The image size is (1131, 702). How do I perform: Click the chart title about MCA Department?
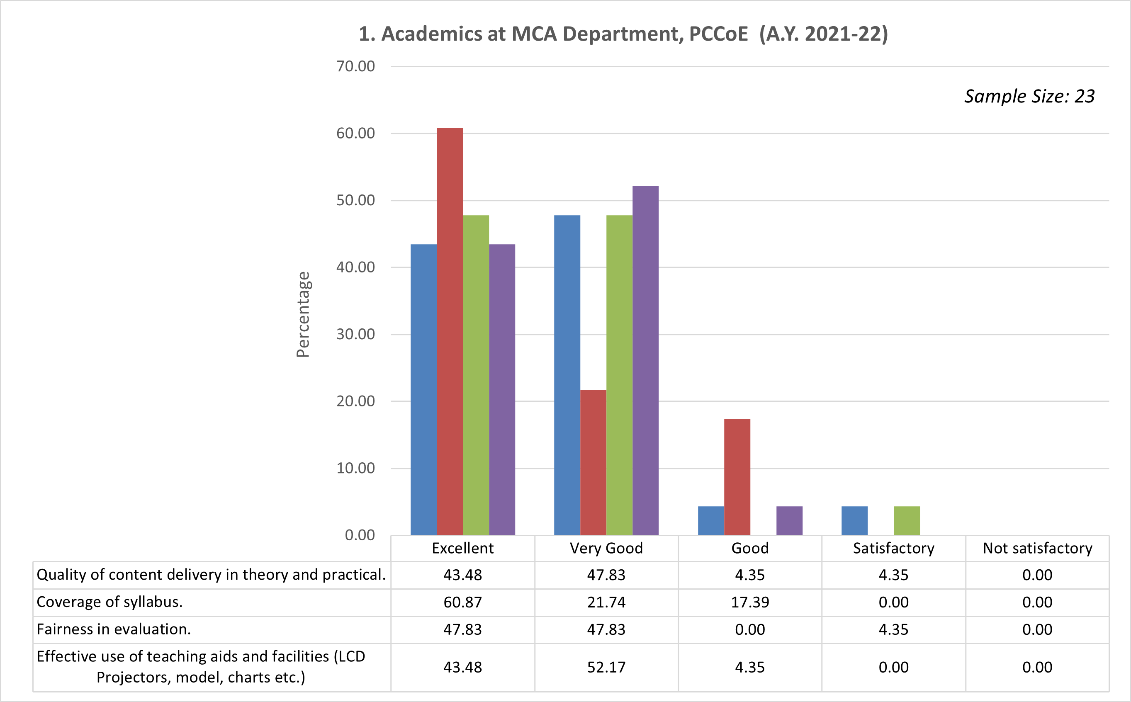point(623,34)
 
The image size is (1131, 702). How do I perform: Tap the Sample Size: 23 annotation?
point(1029,96)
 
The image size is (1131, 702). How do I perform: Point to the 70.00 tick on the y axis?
point(356,66)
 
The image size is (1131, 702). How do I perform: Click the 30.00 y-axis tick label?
point(356,334)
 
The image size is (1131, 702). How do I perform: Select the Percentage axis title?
point(303,314)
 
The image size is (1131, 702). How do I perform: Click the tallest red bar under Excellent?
point(450,331)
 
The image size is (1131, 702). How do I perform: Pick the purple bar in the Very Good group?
point(645,360)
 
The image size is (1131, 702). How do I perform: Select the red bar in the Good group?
point(737,477)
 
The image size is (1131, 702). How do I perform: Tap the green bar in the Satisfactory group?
point(906,520)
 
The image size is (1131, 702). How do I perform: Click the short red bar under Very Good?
point(593,462)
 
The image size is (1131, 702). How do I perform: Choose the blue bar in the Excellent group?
point(423,389)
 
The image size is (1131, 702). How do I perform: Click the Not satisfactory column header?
point(1037,548)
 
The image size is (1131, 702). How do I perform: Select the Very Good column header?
point(606,548)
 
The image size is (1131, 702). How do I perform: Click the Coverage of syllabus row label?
point(109,602)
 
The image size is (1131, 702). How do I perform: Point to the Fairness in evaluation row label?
point(114,629)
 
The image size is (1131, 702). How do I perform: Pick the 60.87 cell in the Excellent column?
point(462,602)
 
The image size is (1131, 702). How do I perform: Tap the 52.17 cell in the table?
point(606,667)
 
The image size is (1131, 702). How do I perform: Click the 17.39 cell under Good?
point(750,602)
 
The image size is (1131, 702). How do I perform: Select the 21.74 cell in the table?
point(606,602)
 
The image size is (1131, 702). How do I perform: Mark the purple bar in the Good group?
point(789,520)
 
